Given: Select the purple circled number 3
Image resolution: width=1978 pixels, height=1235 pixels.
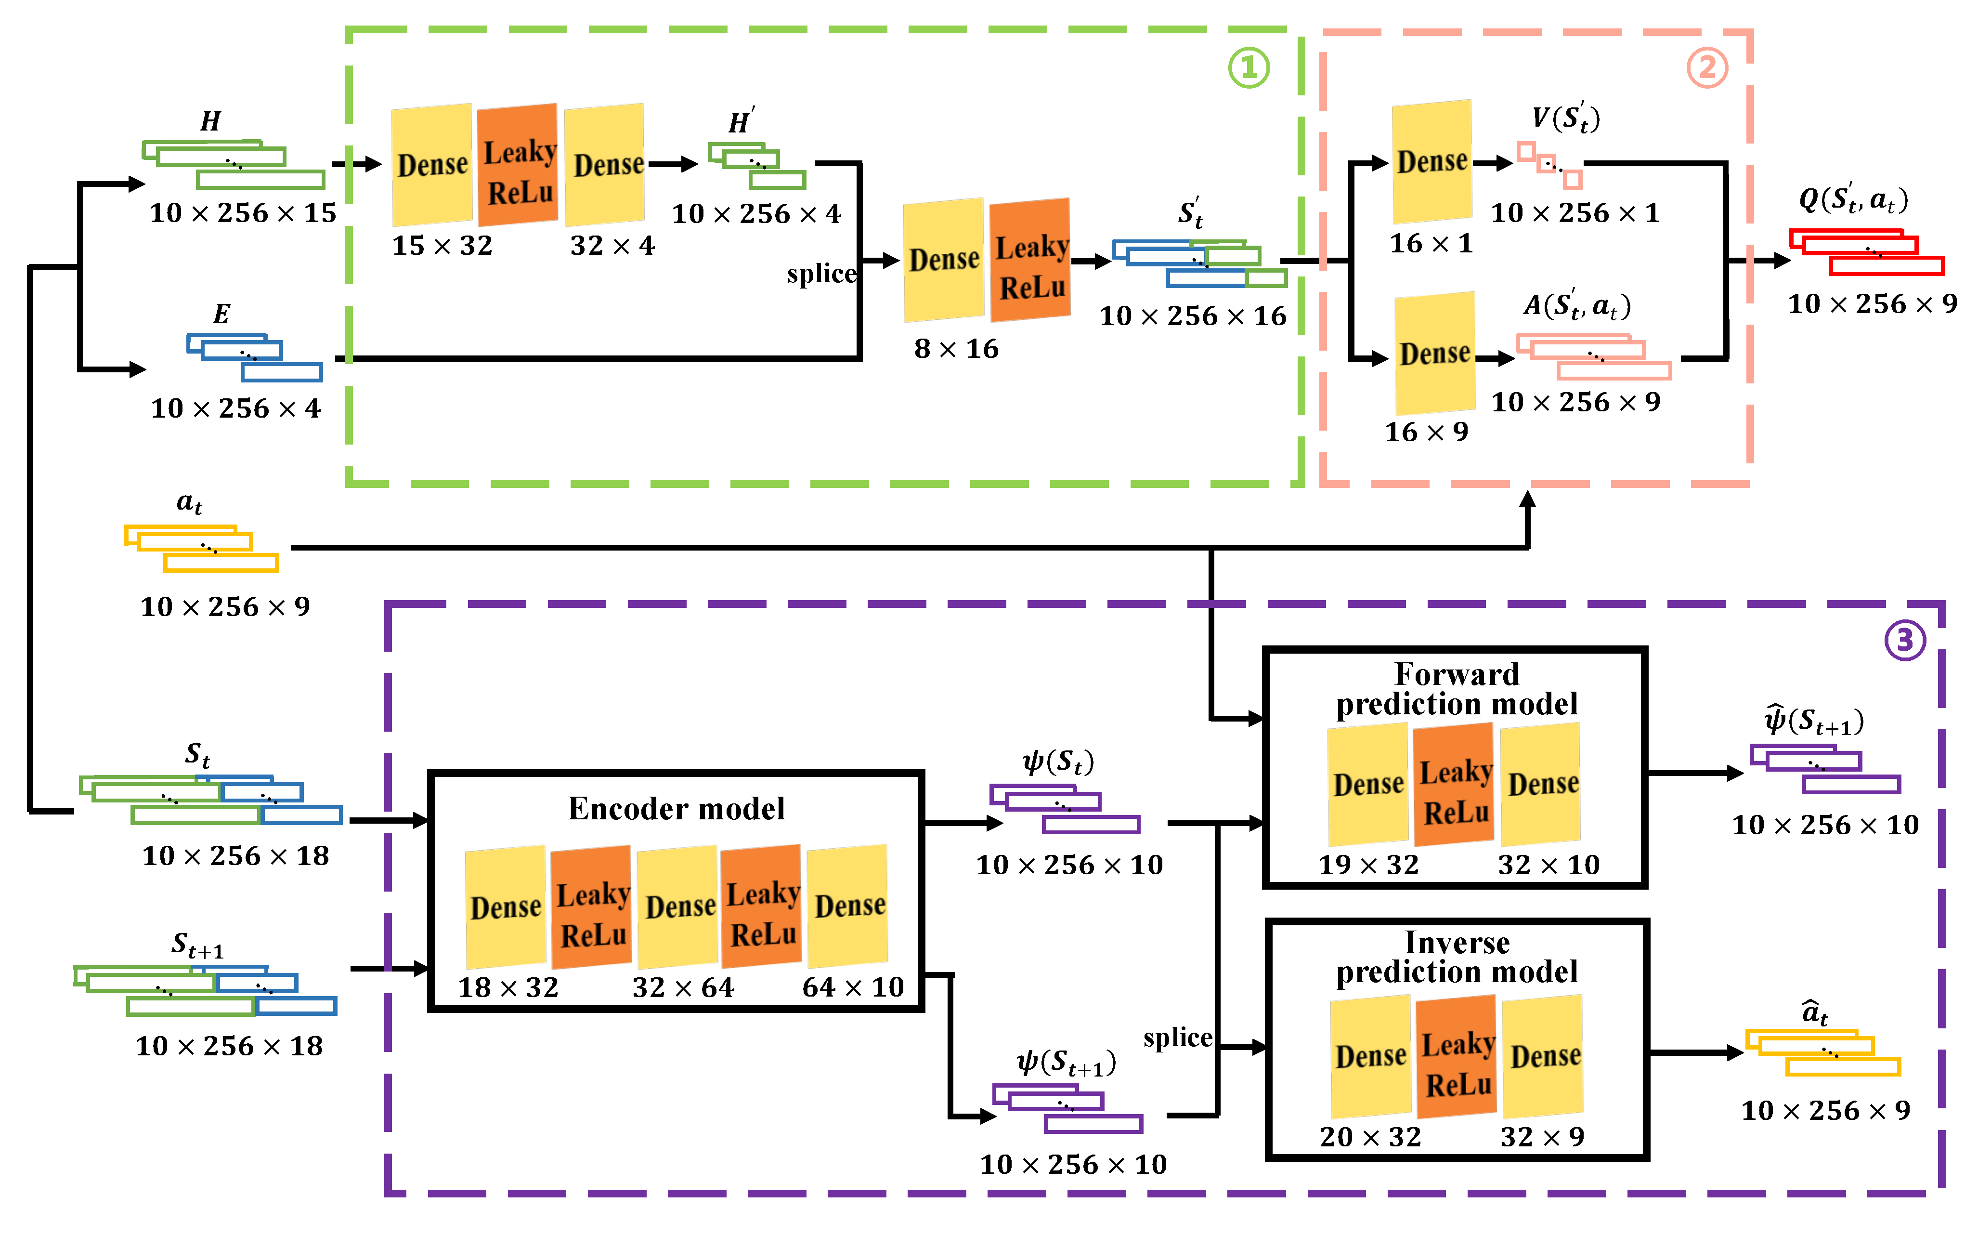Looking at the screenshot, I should (1904, 640).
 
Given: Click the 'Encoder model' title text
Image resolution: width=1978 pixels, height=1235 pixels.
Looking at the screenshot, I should (676, 809).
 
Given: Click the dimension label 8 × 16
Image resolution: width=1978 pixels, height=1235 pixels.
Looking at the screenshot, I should (956, 349).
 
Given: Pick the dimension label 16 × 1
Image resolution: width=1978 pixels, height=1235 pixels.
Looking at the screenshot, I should (1431, 243).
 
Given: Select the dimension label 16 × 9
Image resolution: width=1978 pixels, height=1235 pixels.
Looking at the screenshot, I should (1426, 431).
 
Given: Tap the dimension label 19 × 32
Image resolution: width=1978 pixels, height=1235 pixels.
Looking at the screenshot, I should (1368, 864).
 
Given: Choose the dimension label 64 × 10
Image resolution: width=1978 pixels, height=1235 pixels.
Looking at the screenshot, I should (853, 986).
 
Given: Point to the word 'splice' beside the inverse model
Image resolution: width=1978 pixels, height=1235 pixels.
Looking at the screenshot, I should (1177, 1038).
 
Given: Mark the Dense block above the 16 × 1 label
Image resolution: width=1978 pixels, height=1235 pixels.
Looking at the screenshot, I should (1432, 162).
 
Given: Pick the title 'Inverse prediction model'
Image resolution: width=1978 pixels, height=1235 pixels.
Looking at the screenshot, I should (1457, 957).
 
